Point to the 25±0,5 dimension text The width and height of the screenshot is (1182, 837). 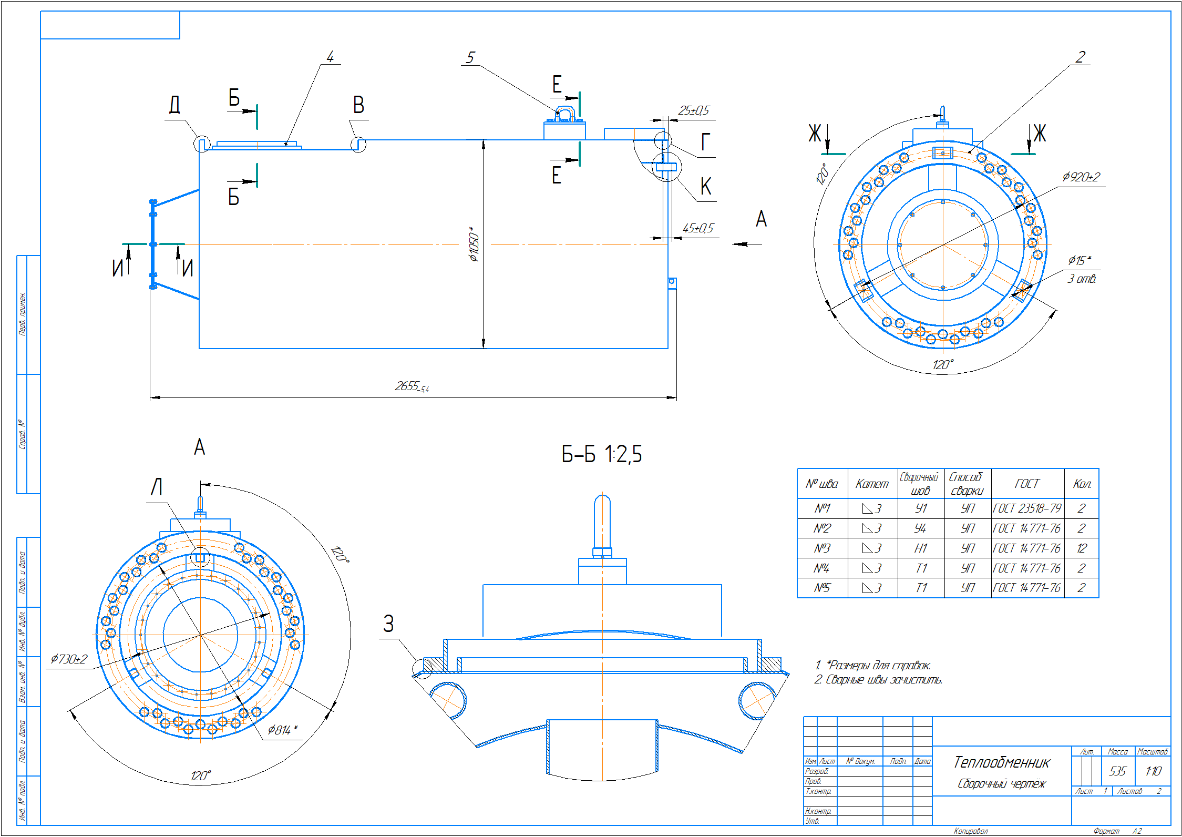click(x=693, y=110)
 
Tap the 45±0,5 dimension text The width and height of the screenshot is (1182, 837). click(x=698, y=228)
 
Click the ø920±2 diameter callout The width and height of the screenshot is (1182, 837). click(x=1081, y=177)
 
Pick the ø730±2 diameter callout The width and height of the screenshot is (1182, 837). click(x=69, y=659)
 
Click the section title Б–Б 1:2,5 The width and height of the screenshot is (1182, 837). click(x=601, y=454)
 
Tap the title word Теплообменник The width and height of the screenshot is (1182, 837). click(x=1001, y=762)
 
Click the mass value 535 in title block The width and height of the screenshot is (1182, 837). click(x=1117, y=771)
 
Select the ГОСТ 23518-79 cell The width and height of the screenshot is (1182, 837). click(x=1027, y=508)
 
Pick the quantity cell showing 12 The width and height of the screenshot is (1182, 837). click(x=1081, y=548)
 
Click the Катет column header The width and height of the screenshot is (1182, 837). click(x=872, y=484)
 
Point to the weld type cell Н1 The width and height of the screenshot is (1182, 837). click(x=920, y=548)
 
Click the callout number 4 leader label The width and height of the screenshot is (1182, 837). click(x=330, y=57)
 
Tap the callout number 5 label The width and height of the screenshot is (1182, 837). click(x=470, y=57)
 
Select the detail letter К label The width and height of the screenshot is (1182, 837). click(x=706, y=187)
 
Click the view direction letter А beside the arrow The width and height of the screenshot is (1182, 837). click(x=761, y=219)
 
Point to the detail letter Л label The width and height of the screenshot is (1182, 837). click(x=157, y=487)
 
